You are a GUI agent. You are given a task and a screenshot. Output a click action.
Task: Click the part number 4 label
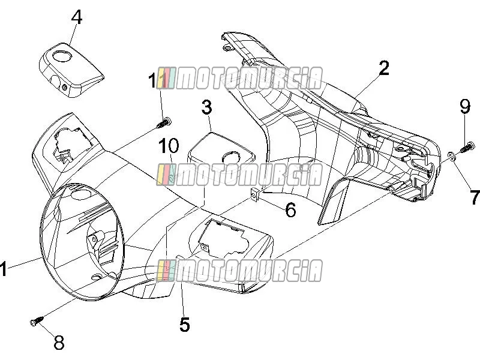77,17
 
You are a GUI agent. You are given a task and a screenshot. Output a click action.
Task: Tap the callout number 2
384,68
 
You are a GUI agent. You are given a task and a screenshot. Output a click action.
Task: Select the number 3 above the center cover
206,107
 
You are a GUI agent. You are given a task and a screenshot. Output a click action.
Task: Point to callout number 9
464,106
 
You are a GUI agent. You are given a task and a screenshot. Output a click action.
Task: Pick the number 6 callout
290,209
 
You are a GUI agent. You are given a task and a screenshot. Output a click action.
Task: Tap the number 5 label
184,325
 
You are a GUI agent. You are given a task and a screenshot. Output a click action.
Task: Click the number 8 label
59,342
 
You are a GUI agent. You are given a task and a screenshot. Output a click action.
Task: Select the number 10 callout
169,145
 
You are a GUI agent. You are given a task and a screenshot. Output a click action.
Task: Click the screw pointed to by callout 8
37,321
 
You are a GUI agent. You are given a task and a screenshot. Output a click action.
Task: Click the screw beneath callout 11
164,123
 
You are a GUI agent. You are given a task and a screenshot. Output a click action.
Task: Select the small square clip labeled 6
254,193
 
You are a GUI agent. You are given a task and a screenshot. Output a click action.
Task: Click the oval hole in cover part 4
62,56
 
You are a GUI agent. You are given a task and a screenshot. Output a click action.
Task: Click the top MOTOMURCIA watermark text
250,79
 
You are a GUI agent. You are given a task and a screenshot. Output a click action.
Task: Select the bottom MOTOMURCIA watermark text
250,271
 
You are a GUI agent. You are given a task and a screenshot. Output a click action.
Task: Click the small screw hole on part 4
65,88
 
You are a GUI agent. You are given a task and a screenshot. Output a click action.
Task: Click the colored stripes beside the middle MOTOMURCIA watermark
166,175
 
